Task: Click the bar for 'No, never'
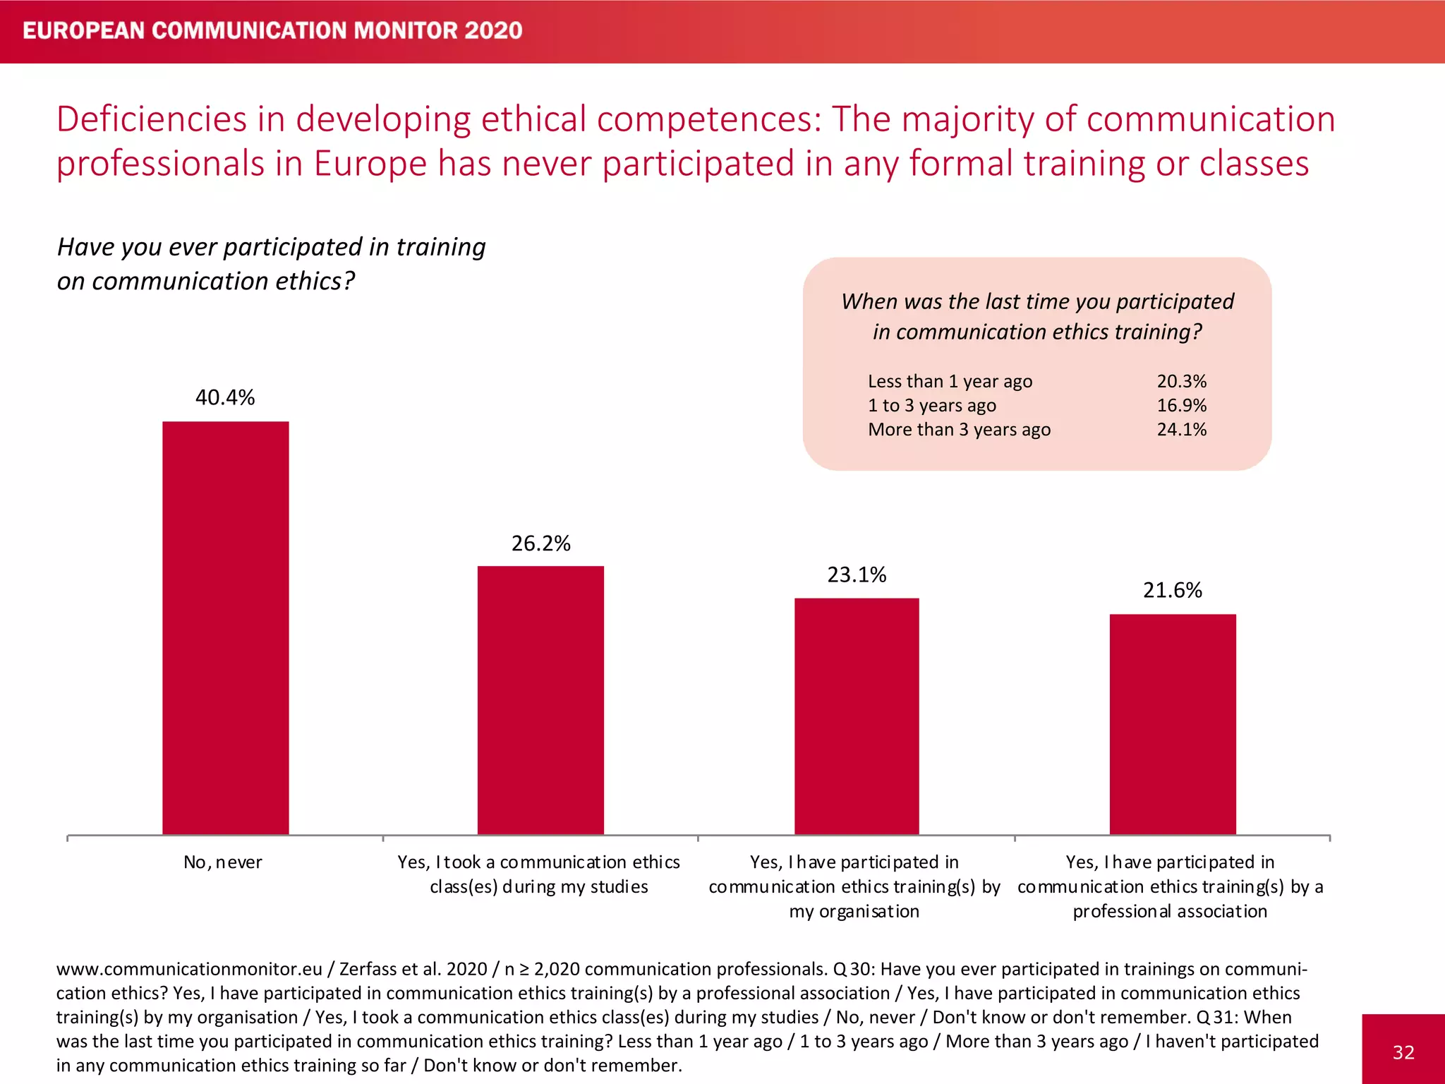click(225, 628)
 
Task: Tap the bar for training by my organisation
click(857, 716)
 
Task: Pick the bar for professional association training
click(1173, 724)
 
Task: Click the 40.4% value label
click(225, 397)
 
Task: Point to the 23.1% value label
click(857, 574)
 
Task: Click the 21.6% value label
click(1173, 590)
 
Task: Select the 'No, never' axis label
click(223, 862)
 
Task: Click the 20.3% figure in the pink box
click(1182, 381)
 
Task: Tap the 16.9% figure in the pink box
click(1182, 405)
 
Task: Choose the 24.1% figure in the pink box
click(1182, 429)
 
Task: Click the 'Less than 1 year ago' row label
click(950, 381)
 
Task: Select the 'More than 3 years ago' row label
click(959, 429)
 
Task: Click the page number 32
click(1403, 1052)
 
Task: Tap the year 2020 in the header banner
click(494, 30)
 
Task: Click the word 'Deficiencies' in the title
click(151, 119)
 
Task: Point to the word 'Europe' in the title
click(370, 164)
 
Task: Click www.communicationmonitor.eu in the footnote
click(189, 969)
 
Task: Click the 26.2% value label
click(540, 543)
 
